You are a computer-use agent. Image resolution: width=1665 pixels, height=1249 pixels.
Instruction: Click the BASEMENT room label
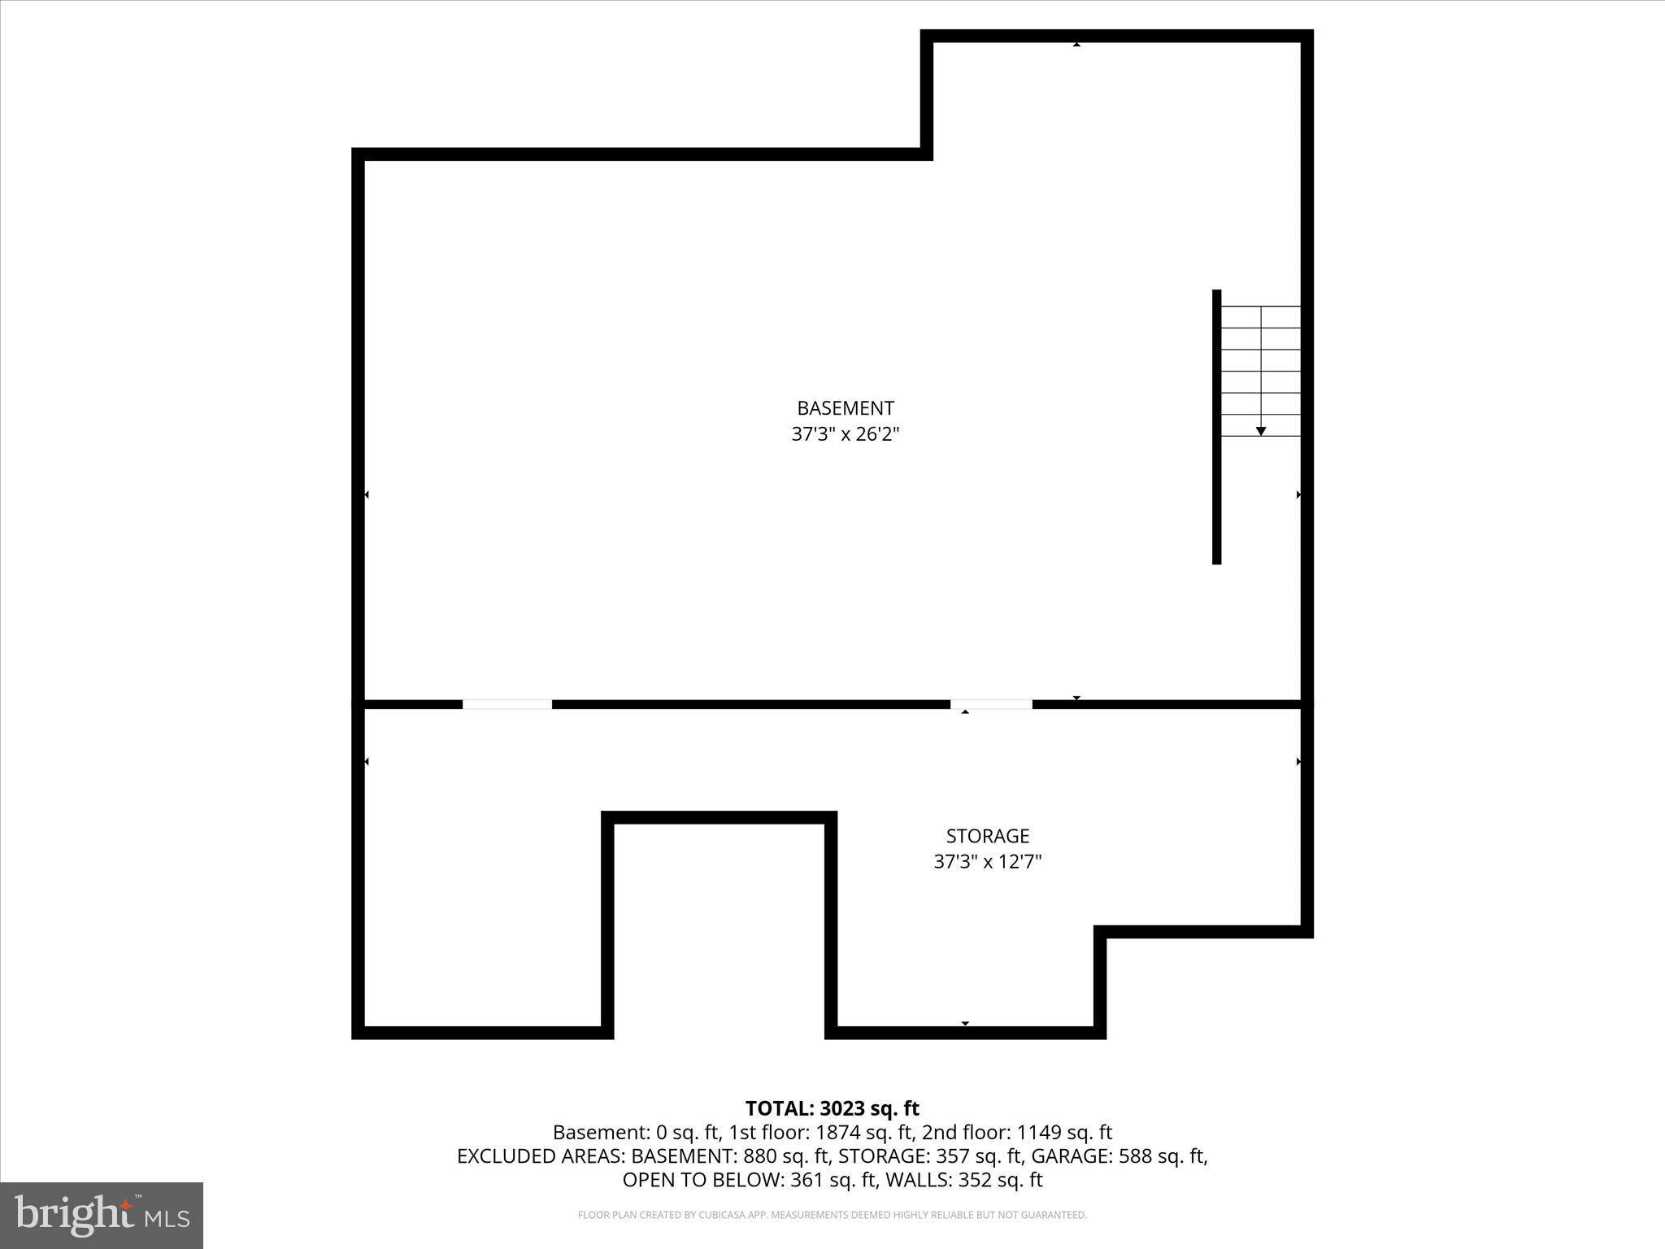click(845, 408)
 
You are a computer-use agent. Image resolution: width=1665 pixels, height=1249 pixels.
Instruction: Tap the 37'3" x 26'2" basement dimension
click(845, 434)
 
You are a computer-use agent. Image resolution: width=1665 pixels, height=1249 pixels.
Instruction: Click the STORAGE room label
click(987, 836)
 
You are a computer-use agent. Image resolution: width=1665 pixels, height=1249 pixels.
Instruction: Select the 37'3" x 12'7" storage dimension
click(987, 862)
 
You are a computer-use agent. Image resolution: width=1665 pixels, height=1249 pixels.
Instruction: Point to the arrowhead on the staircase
click(1261, 431)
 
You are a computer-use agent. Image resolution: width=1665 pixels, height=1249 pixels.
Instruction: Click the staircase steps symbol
click(1261, 370)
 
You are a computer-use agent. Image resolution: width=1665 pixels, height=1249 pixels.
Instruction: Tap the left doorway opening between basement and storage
click(507, 704)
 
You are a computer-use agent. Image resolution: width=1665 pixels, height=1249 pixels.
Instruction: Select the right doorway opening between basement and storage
click(991, 704)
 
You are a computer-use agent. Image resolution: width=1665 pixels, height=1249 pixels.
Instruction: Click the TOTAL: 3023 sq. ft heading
click(832, 1108)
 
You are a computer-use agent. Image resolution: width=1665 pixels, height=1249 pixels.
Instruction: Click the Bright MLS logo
click(102, 1215)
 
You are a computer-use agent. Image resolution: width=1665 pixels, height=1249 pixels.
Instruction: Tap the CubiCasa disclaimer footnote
click(832, 1215)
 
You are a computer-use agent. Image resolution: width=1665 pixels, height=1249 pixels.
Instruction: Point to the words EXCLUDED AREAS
click(541, 1155)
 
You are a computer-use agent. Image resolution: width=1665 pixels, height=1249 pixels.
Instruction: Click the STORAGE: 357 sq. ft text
click(930, 1155)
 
